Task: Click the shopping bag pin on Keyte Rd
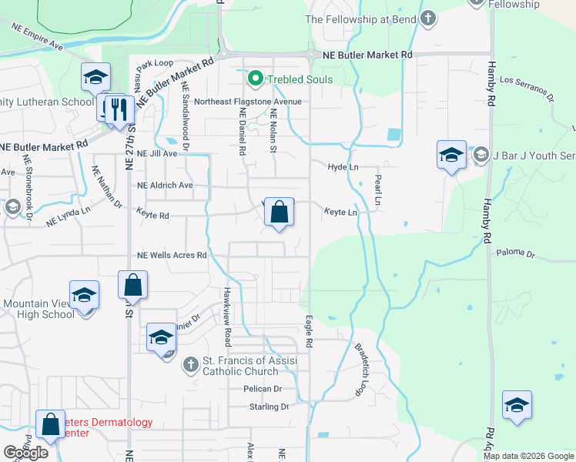[x=280, y=212]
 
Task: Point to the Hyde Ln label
[x=343, y=166]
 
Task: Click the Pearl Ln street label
[x=377, y=189]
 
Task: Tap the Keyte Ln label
[x=340, y=212]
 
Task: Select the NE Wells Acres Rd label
[x=172, y=255]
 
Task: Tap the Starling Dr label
[x=269, y=406]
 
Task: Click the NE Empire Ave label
[x=37, y=36]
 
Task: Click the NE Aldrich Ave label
[x=165, y=186]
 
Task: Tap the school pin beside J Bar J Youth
[x=451, y=155]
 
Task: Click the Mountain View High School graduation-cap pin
[x=84, y=295]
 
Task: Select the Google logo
[x=25, y=453]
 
